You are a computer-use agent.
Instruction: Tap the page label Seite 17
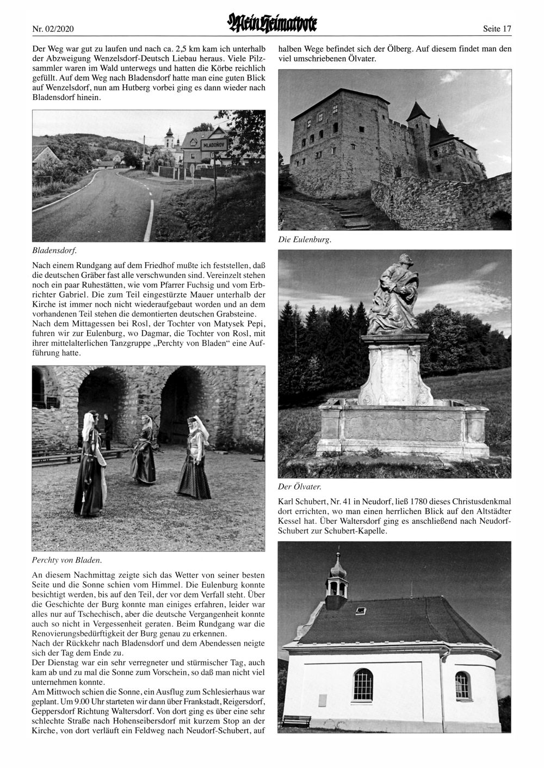pos(497,28)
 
